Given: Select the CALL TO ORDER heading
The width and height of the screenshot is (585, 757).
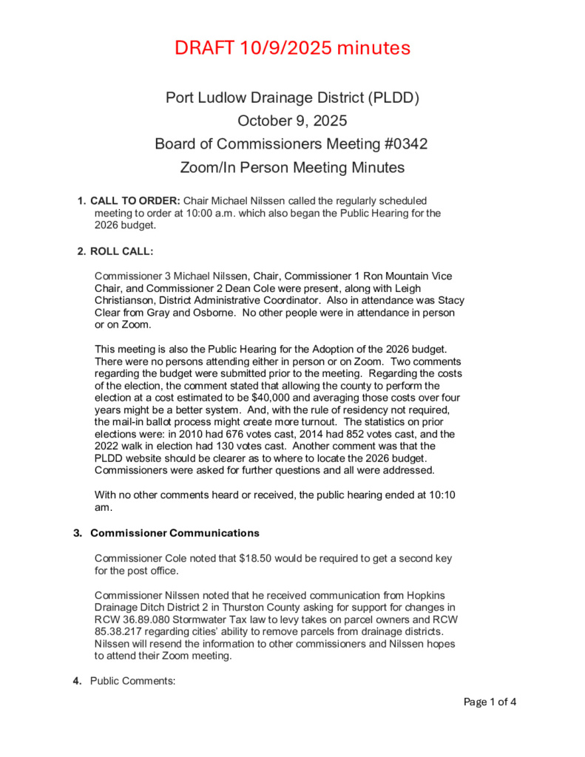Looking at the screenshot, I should click(135, 201).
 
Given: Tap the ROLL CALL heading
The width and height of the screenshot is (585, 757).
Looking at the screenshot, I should click(122, 251).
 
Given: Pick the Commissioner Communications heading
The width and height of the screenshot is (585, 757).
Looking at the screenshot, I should click(175, 533).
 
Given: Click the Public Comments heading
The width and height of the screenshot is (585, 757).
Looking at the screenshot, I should click(132, 681).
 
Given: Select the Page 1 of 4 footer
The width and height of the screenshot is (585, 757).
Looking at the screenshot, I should click(490, 702).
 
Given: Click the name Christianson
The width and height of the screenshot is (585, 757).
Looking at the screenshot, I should click(129, 300).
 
